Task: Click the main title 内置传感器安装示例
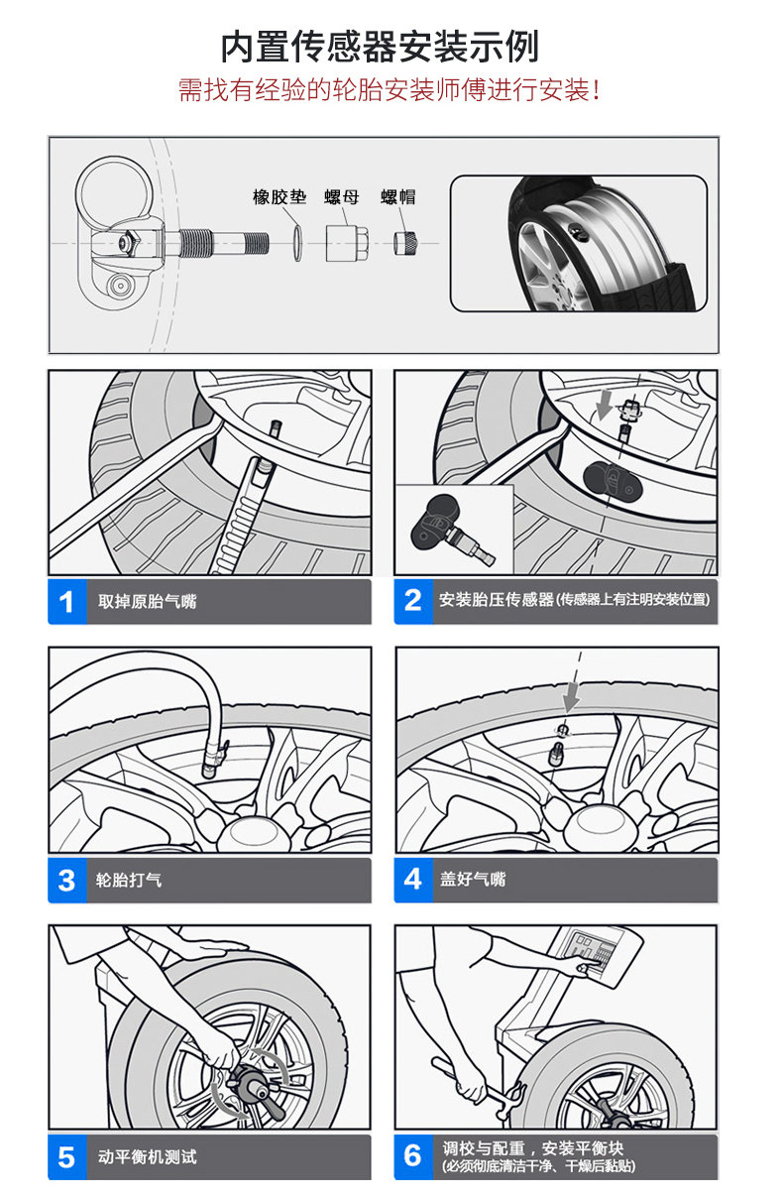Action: [380, 47]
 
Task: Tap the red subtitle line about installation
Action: [389, 90]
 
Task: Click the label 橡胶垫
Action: [280, 196]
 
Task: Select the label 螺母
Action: [342, 196]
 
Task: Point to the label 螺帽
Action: [398, 196]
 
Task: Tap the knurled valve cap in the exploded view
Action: [405, 243]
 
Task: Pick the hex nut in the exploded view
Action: [346, 243]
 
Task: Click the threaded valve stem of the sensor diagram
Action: [222, 243]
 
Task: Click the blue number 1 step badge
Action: [67, 602]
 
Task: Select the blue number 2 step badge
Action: [413, 601]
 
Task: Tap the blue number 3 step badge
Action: [67, 881]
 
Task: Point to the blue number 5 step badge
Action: [67, 1157]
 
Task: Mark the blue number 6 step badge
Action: [413, 1156]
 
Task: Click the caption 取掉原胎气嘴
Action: [147, 602]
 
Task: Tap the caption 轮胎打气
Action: [129, 881]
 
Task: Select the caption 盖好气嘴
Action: [473, 880]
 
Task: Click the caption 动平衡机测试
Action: [147, 1156]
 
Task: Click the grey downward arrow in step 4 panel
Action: [572, 696]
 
